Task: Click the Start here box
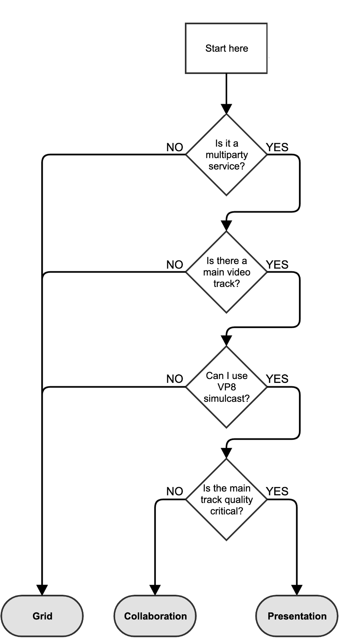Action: (x=226, y=48)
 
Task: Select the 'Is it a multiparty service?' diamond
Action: (x=226, y=155)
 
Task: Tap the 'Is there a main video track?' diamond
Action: (x=226, y=272)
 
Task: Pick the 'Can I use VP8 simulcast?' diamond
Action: (x=226, y=387)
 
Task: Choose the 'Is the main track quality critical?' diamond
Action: (x=226, y=500)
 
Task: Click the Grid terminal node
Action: (x=42, y=616)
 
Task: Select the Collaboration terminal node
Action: (x=155, y=616)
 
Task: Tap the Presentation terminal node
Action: (x=297, y=616)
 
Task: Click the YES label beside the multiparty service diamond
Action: (x=277, y=147)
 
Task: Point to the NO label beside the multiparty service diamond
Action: (x=175, y=147)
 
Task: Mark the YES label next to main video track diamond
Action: (x=277, y=265)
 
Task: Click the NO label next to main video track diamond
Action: (x=175, y=265)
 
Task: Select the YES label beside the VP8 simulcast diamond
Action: (x=277, y=379)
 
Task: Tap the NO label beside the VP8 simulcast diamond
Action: (x=175, y=379)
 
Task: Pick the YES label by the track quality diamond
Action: (x=277, y=491)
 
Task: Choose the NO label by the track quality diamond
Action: (x=175, y=491)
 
